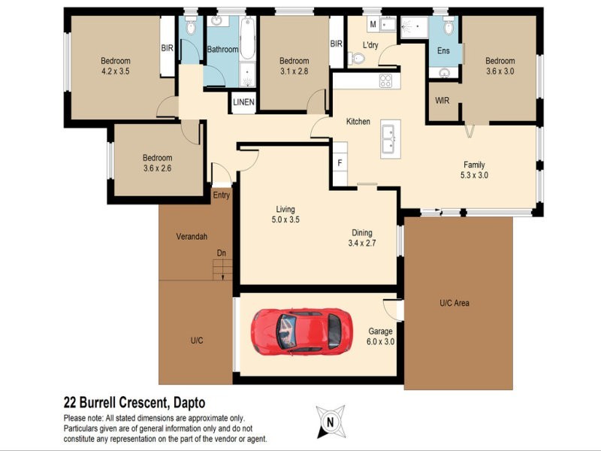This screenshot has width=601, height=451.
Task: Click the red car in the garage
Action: (x=301, y=331)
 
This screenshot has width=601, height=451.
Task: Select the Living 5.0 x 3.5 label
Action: (x=285, y=214)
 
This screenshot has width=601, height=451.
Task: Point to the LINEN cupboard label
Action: (x=243, y=102)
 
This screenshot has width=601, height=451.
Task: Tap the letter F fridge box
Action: (x=340, y=162)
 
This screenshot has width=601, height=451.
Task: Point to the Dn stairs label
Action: (x=221, y=253)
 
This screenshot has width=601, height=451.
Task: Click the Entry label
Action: (x=221, y=195)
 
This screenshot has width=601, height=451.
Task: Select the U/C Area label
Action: (x=455, y=303)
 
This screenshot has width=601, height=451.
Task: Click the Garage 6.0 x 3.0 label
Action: (x=381, y=336)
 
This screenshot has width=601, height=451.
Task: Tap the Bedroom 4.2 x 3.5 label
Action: (x=116, y=66)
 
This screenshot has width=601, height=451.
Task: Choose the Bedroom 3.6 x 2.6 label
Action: (x=157, y=163)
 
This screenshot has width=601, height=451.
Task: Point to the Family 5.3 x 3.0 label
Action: (x=473, y=170)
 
